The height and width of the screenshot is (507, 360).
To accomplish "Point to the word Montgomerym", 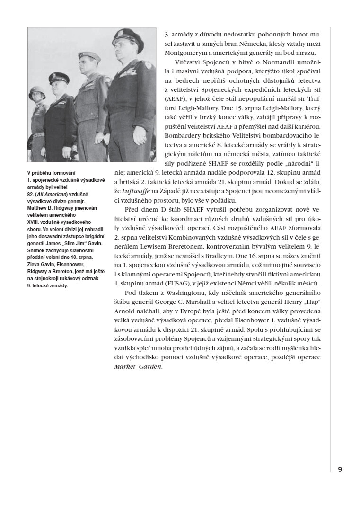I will [188, 53].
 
